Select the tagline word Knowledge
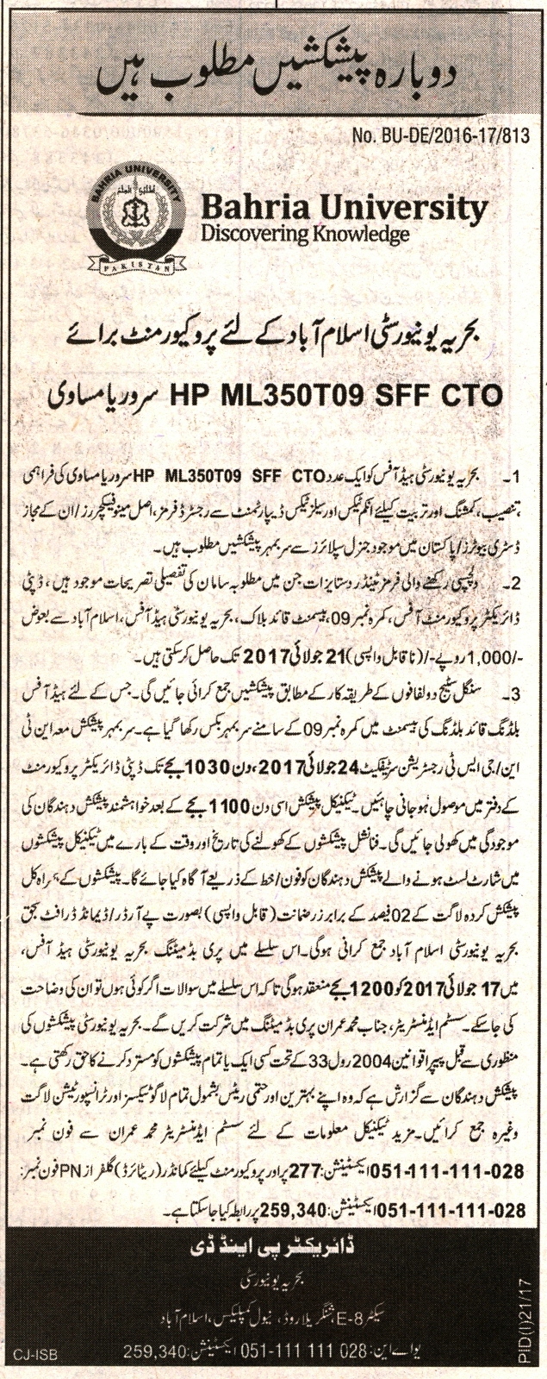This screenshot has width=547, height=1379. [x=363, y=232]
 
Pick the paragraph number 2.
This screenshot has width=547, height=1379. [x=513, y=584]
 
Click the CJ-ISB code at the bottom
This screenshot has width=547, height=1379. [x=29, y=1367]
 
